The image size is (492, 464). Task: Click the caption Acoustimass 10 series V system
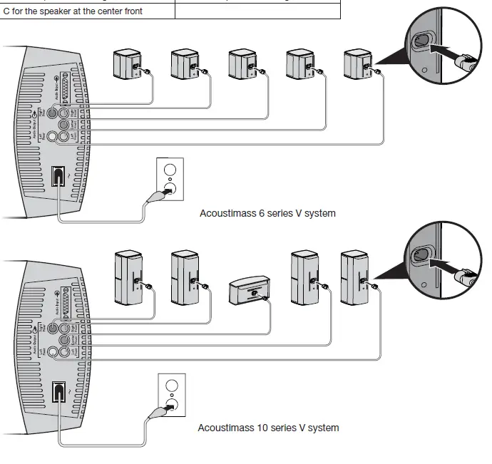click(x=268, y=428)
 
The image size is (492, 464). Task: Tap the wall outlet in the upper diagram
click(x=170, y=179)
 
